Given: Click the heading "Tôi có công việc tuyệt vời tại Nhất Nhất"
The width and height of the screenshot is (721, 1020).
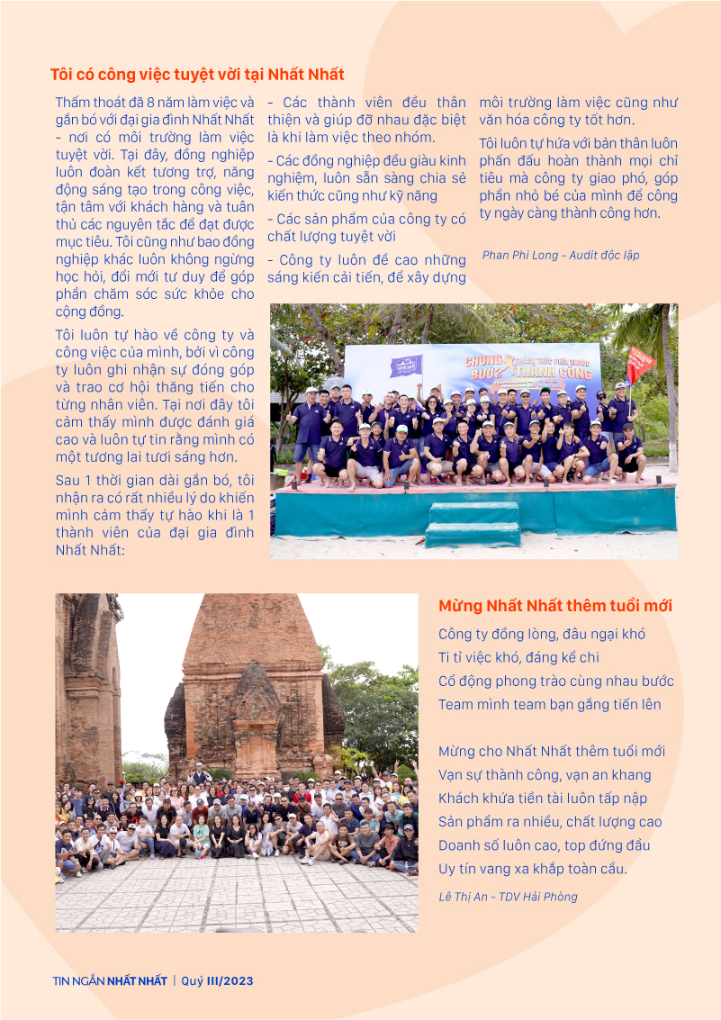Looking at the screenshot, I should pos(197,75).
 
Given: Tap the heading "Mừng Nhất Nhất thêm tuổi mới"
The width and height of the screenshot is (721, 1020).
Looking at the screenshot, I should pos(555,606).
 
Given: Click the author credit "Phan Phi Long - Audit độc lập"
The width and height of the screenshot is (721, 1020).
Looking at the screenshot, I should pos(561,255).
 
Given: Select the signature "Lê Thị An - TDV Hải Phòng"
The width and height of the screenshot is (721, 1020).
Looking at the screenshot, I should pos(508,897).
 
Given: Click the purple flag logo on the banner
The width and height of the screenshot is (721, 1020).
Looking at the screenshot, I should pos(405,366).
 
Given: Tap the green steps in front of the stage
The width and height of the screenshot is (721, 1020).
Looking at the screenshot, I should pos(473,525).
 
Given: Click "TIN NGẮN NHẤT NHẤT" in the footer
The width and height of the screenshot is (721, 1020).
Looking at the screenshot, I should pos(110,981).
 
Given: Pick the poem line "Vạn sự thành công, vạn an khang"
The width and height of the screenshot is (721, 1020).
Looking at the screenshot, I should pos(545,775).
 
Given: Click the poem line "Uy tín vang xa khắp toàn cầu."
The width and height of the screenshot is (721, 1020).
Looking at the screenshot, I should pos(532,869).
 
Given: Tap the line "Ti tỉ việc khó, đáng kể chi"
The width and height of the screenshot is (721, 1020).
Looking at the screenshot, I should pos(518,658).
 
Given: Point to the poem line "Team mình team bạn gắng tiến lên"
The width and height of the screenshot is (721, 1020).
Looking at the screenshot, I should pos(549,705).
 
